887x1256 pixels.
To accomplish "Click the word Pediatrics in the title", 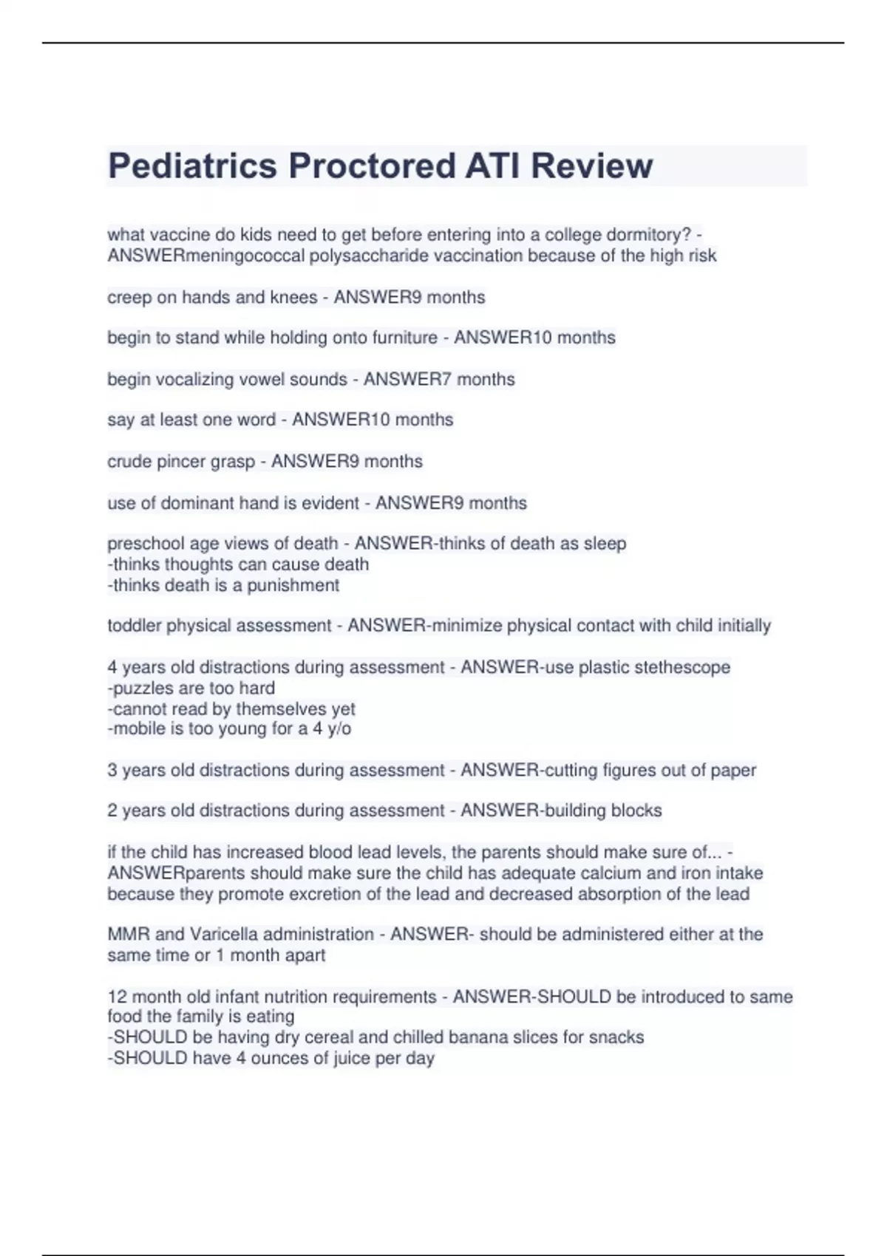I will coord(192,165).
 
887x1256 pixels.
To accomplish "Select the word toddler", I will coord(134,626).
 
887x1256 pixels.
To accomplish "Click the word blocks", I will coord(636,810).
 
